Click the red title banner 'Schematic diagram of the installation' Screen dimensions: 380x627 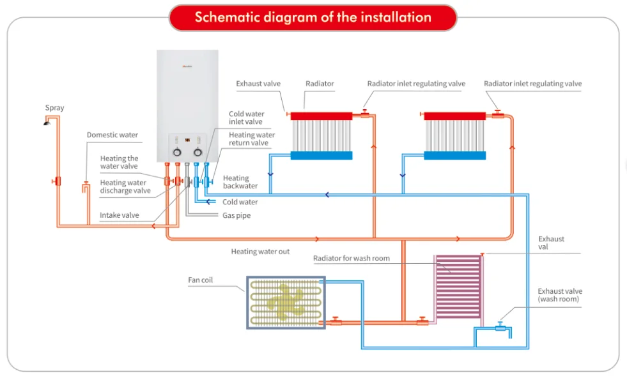[x=313, y=17]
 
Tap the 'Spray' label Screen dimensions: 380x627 [x=54, y=108]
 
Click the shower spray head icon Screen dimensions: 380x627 [x=47, y=122]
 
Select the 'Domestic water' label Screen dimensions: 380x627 [x=112, y=135]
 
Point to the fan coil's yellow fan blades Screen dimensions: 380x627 [x=285, y=301]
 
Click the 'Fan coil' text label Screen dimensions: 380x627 [x=201, y=280]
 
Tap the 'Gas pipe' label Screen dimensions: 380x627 [x=236, y=215]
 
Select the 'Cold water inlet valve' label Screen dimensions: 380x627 [x=247, y=118]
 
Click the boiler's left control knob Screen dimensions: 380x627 [x=177, y=153]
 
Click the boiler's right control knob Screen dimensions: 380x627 [x=197, y=153]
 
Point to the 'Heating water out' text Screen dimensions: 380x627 [x=260, y=252]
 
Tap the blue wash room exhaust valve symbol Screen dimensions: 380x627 [x=500, y=326]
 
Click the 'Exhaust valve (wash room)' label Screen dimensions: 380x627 [x=559, y=295]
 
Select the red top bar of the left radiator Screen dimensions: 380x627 [x=321, y=116]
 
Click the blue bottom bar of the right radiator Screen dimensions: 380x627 [x=454, y=155]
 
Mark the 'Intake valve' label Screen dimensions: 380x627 [x=119, y=215]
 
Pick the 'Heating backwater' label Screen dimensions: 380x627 [x=240, y=182]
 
